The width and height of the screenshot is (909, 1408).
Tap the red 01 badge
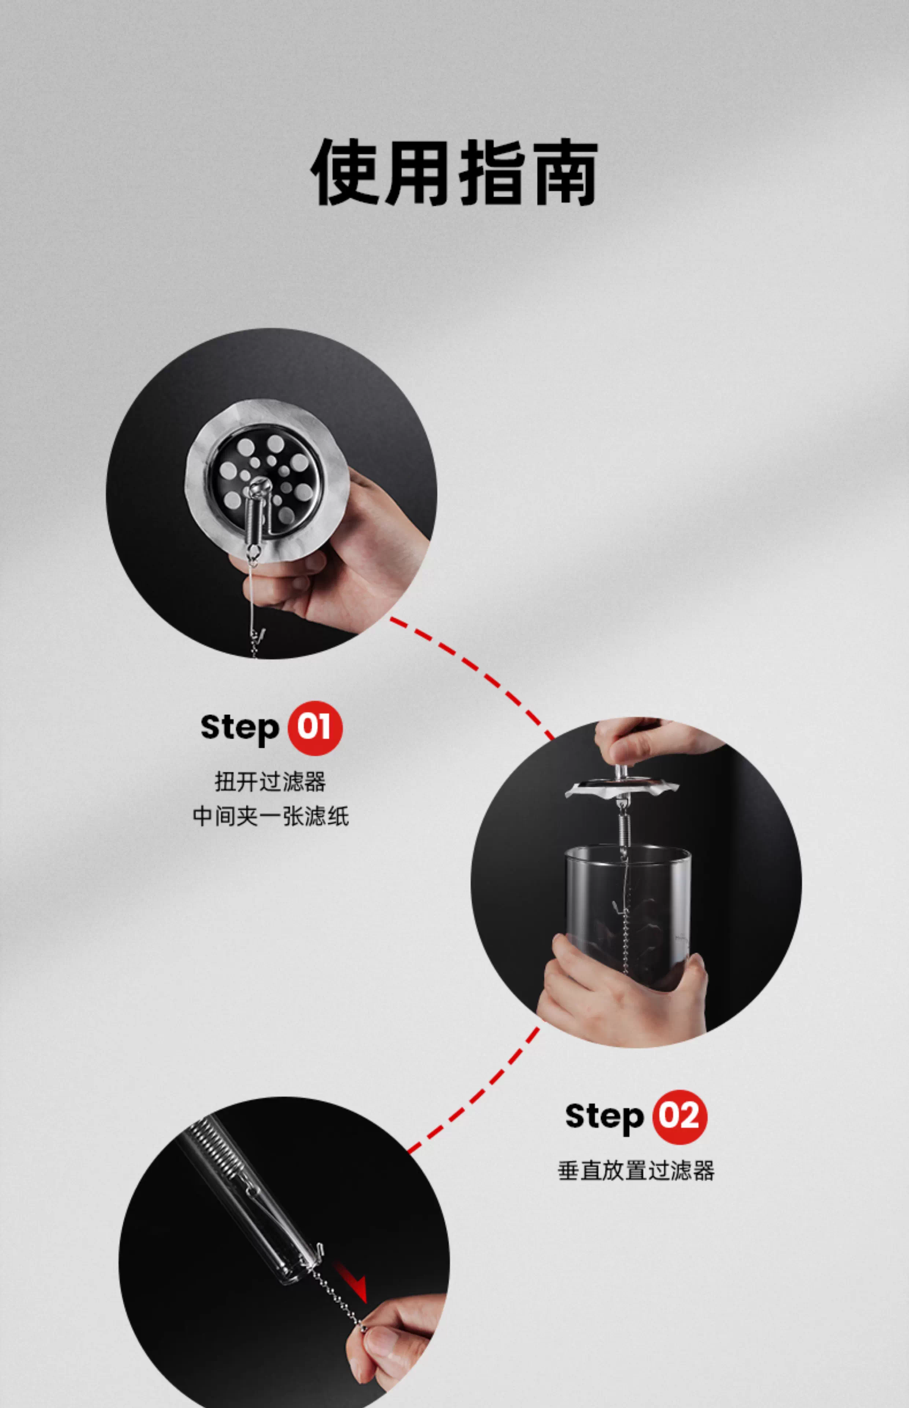pyautogui.click(x=314, y=728)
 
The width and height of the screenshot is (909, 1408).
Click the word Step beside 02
pyautogui.click(x=604, y=1118)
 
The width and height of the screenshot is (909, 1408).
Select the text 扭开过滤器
pyautogui.click(x=271, y=782)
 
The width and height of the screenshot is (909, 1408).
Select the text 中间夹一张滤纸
pyautogui.click(x=271, y=817)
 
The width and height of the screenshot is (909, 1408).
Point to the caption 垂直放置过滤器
pyautogui.click(x=636, y=1171)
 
